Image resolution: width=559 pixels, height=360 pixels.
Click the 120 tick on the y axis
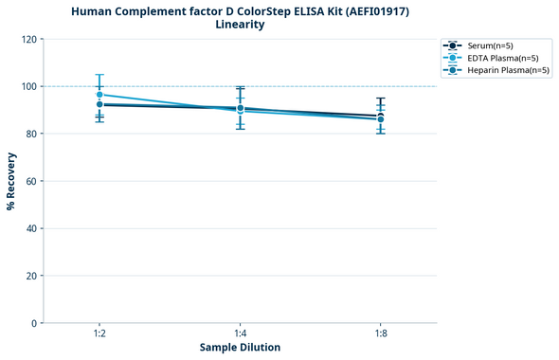click(x=31, y=39)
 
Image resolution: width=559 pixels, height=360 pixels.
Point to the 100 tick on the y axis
click(x=31, y=86)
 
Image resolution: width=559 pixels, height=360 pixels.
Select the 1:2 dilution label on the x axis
click(x=99, y=334)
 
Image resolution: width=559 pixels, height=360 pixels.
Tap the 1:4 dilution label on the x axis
click(x=240, y=334)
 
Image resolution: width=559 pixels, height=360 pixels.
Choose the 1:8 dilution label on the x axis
click(x=380, y=334)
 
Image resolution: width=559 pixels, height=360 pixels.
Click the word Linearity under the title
click(x=240, y=25)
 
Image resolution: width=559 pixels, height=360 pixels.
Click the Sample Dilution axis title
click(x=240, y=348)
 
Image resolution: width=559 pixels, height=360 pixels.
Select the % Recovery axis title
click(x=11, y=181)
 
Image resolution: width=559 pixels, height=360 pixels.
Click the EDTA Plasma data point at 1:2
click(x=99, y=95)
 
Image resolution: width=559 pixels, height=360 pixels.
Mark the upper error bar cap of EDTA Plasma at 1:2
click(x=99, y=75)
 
